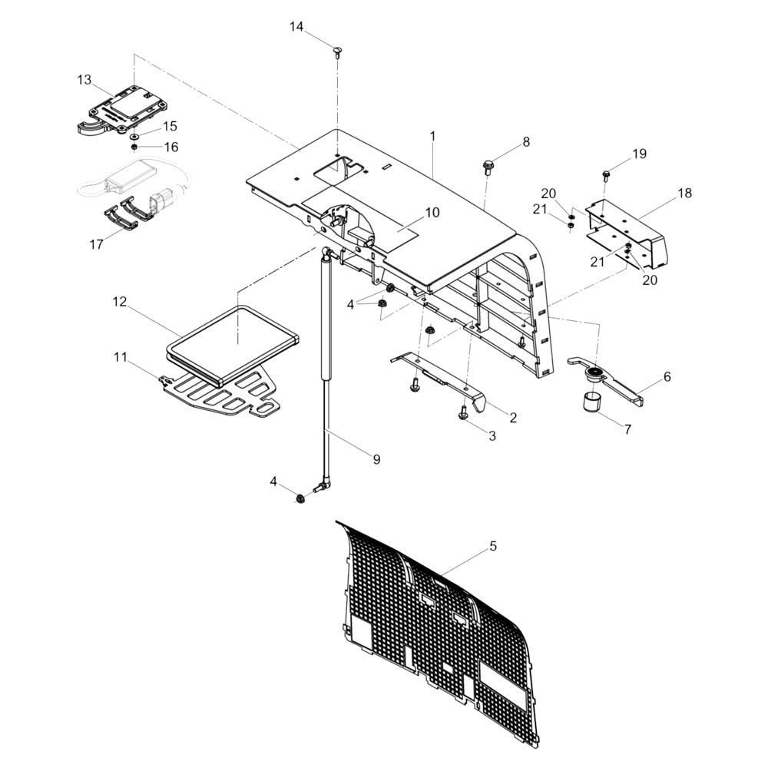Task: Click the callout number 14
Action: [x=296, y=26]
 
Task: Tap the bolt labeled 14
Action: [x=337, y=52]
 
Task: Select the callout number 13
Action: [x=84, y=79]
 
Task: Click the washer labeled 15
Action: [x=134, y=137]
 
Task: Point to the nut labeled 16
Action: [x=133, y=147]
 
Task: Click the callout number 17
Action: [x=97, y=244]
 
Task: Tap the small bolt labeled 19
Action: [x=606, y=174]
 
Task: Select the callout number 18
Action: [x=685, y=193]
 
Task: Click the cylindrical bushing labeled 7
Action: [x=591, y=403]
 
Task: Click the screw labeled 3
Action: [x=462, y=413]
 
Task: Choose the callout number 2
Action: [x=513, y=417]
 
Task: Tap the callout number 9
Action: [x=376, y=459]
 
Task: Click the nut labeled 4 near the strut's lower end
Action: [x=300, y=499]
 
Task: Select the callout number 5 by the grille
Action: [x=493, y=545]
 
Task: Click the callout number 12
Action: [x=120, y=301]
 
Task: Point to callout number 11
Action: [x=121, y=357]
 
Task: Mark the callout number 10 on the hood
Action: [x=432, y=213]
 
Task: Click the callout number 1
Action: [x=433, y=136]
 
